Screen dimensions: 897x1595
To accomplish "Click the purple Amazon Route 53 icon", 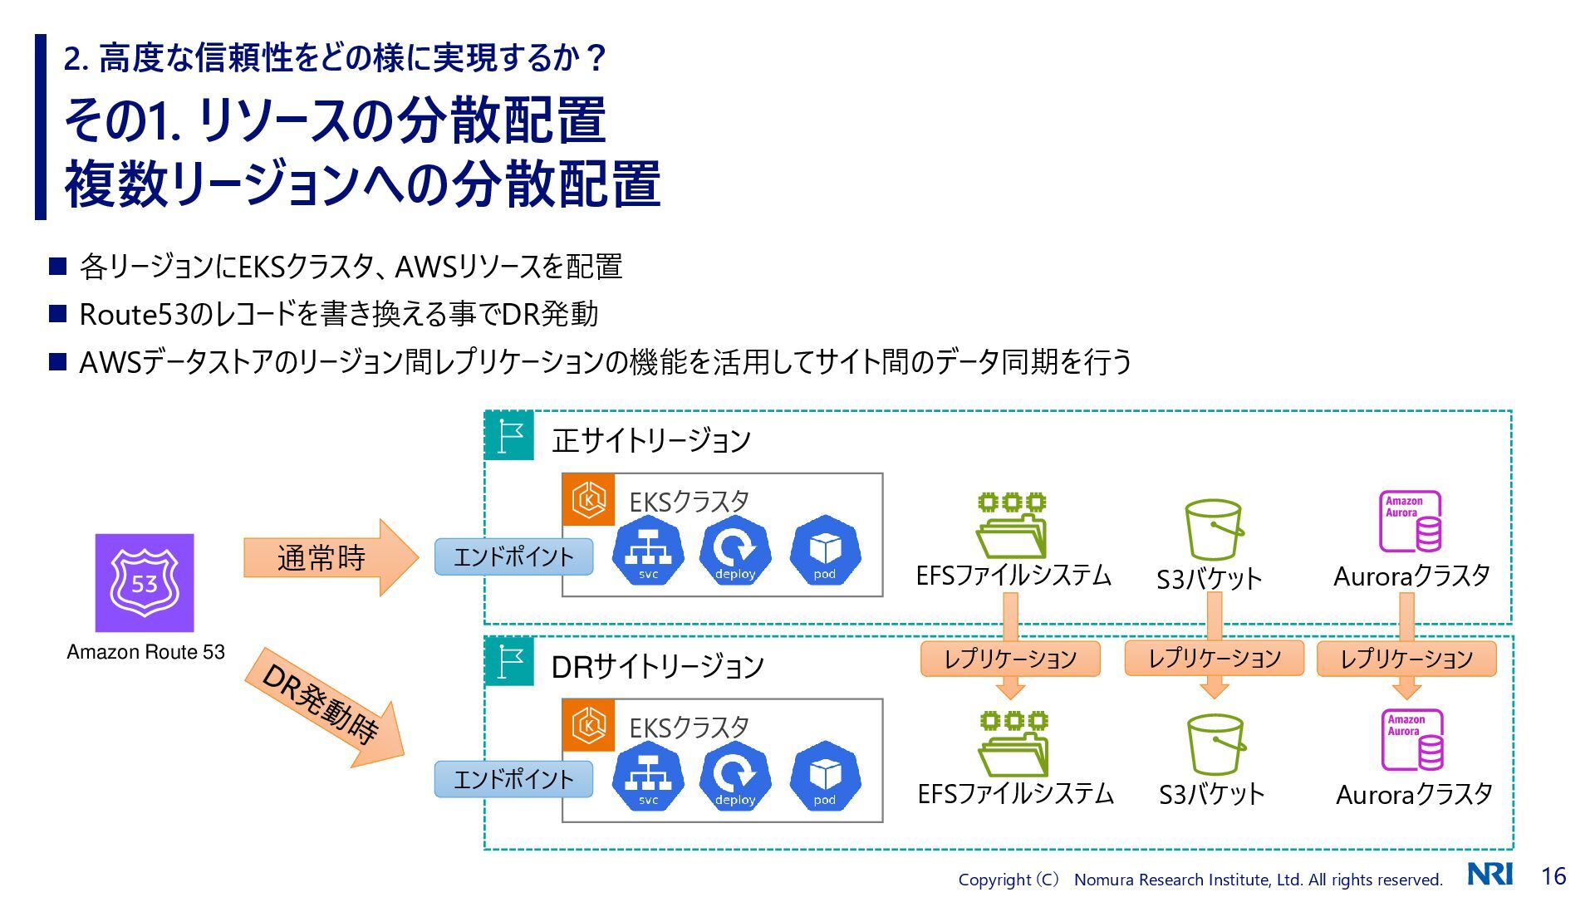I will pos(145,582).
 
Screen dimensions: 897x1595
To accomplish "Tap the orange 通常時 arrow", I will pos(328,557).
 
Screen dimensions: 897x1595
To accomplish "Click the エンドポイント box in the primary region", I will pos(513,556).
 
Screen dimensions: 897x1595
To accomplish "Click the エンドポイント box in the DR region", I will pos(513,779).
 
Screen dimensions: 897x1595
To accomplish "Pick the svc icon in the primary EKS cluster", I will pos(648,550).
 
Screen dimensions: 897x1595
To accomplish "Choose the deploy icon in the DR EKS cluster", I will pos(735,776).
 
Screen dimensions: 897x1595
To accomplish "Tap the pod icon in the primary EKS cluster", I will pos(825,550).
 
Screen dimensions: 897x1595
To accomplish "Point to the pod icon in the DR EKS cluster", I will pos(825,776).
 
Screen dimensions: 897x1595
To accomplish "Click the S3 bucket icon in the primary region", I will pos(1214,530).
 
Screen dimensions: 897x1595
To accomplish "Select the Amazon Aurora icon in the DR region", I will pos(1411,740).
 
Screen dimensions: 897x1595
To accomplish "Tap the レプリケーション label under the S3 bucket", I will pos(1214,659).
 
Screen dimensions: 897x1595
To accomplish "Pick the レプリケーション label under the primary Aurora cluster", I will pos(1406,659).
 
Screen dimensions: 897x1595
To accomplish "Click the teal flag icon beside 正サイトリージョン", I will pos(509,435).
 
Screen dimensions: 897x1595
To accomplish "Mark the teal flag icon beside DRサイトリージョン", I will pos(509,661).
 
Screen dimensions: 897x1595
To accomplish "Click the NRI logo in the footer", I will pos(1489,874).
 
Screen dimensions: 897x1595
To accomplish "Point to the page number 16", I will pos(1553,875).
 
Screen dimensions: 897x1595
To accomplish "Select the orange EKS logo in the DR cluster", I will pos(589,724).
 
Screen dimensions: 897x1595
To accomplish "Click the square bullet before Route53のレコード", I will pos(58,314).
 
